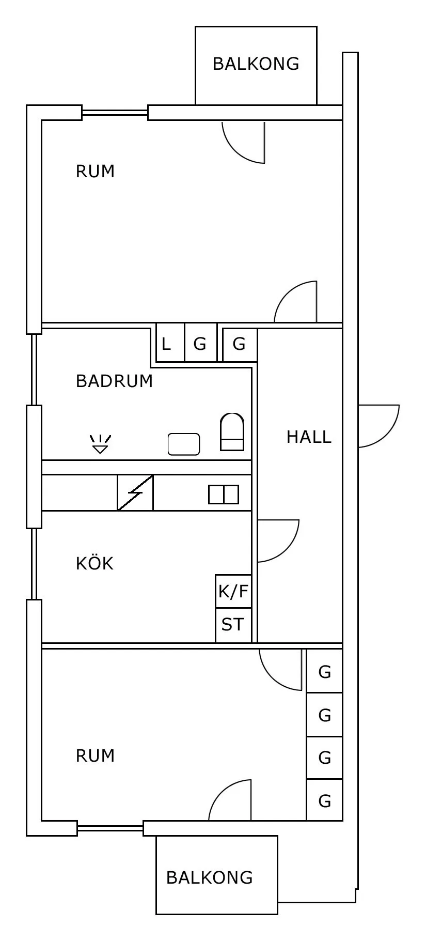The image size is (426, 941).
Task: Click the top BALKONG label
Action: coord(256,64)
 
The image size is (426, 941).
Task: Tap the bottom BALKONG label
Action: coord(209,877)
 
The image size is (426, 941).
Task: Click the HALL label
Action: coord(309,437)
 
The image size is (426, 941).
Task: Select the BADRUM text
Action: coord(114,381)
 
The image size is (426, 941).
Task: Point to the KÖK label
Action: coord(94,563)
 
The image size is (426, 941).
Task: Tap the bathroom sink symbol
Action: coord(183,444)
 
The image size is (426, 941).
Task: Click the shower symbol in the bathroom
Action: coord(100,444)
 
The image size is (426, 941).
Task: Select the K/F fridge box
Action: coord(233,591)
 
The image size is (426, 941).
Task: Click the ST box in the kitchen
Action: coord(233,625)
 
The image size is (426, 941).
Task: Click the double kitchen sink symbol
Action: coord(224,495)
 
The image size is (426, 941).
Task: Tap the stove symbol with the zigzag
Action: coord(135,493)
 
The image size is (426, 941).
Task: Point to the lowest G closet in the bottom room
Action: coord(324,800)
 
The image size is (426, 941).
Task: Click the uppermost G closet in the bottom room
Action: coord(324,672)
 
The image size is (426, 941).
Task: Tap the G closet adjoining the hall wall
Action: coord(239,344)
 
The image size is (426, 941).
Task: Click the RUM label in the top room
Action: coord(95,172)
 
